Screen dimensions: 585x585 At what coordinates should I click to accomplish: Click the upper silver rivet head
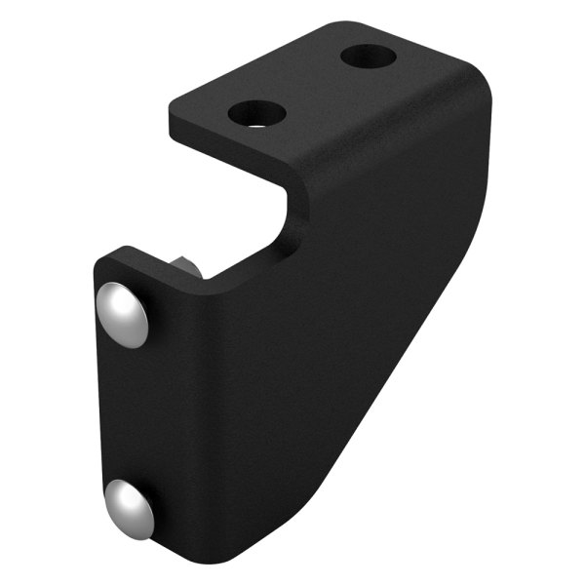coord(123,314)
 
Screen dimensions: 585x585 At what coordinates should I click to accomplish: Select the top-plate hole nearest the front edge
coord(257,114)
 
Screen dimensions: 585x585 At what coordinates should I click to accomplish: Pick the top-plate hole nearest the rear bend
coord(369,56)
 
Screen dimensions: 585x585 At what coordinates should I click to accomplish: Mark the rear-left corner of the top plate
coord(326,23)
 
